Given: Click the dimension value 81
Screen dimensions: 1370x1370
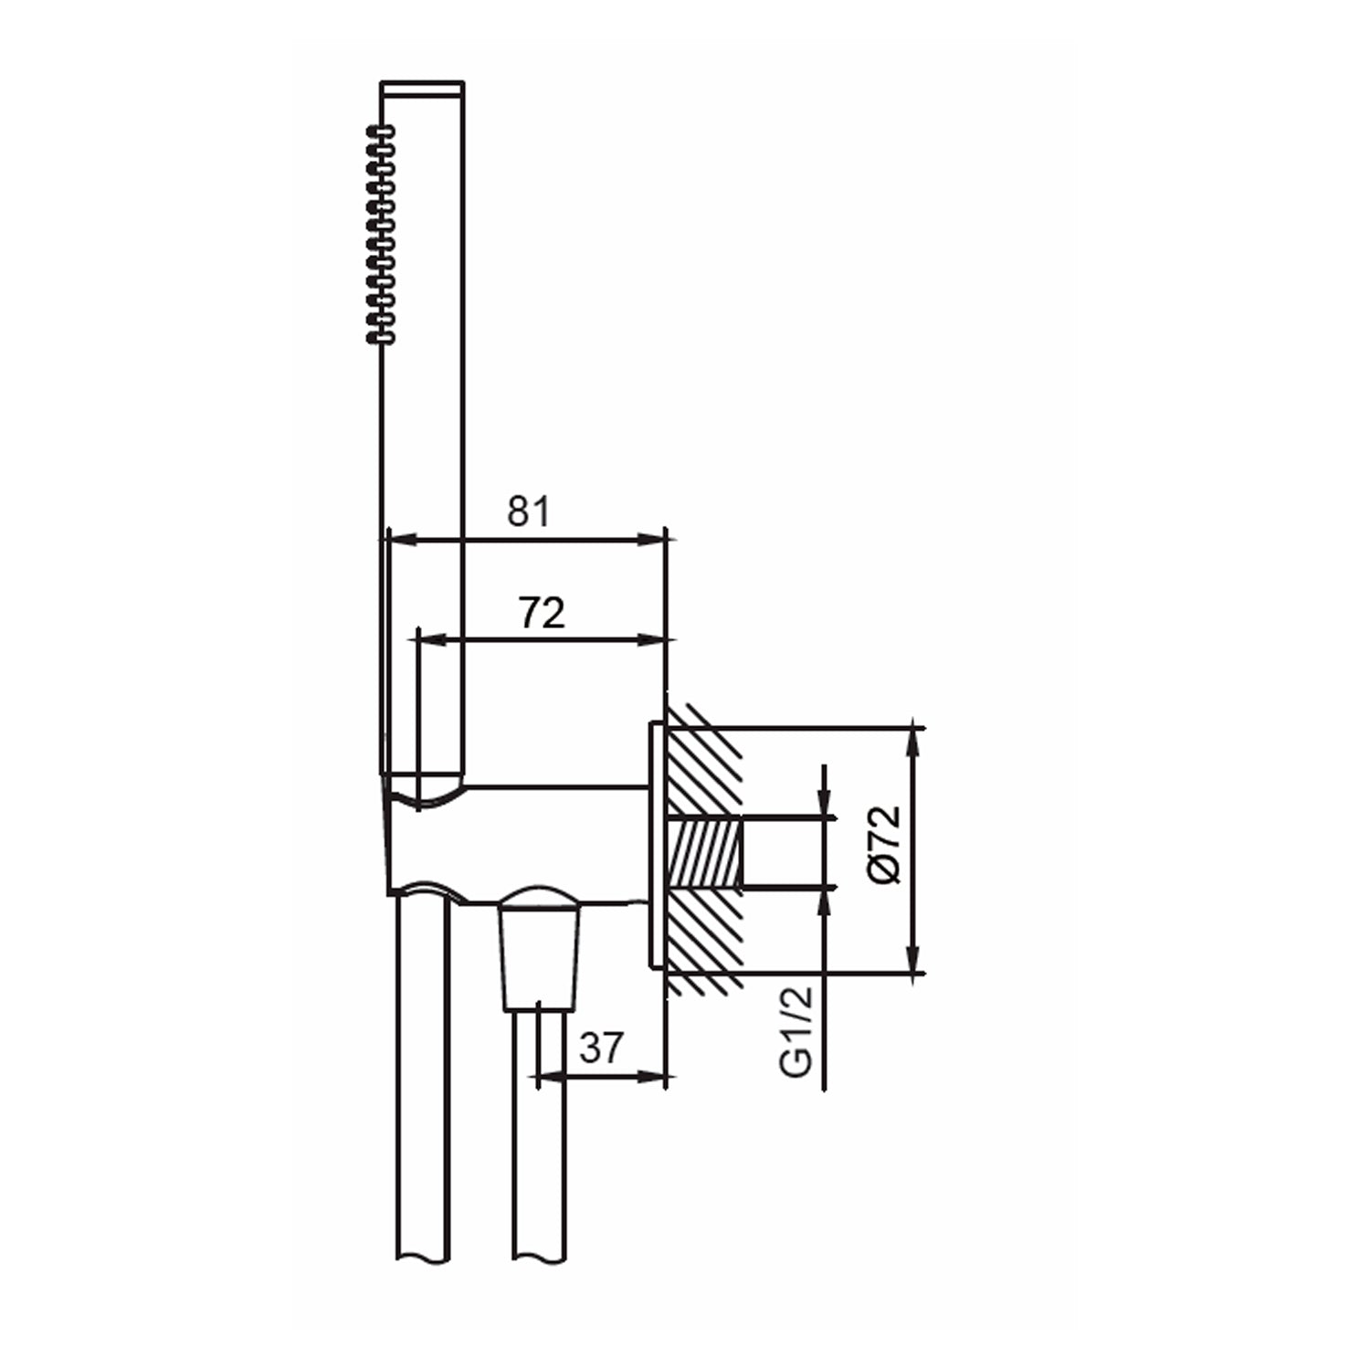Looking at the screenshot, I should click(529, 511).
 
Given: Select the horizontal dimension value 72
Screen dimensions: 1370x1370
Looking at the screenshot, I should click(542, 613).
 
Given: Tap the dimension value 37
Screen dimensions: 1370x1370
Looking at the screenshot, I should click(600, 1048).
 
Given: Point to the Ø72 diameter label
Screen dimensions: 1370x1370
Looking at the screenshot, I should click(886, 845).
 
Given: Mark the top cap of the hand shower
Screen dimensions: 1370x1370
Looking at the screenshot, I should click(422, 87).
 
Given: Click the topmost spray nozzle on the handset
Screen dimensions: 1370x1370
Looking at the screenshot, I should click(381, 132).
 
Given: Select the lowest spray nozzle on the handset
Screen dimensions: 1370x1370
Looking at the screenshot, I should click(381, 338).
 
